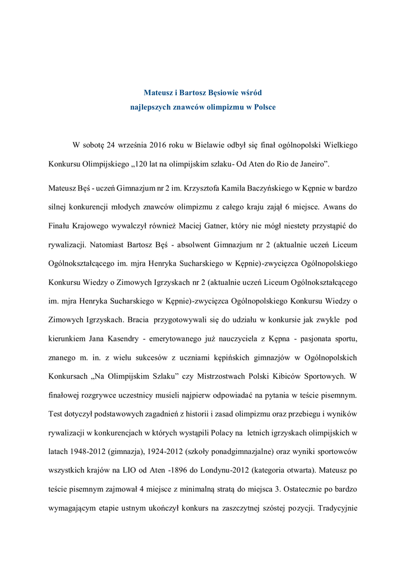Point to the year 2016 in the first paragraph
coord(160,145)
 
